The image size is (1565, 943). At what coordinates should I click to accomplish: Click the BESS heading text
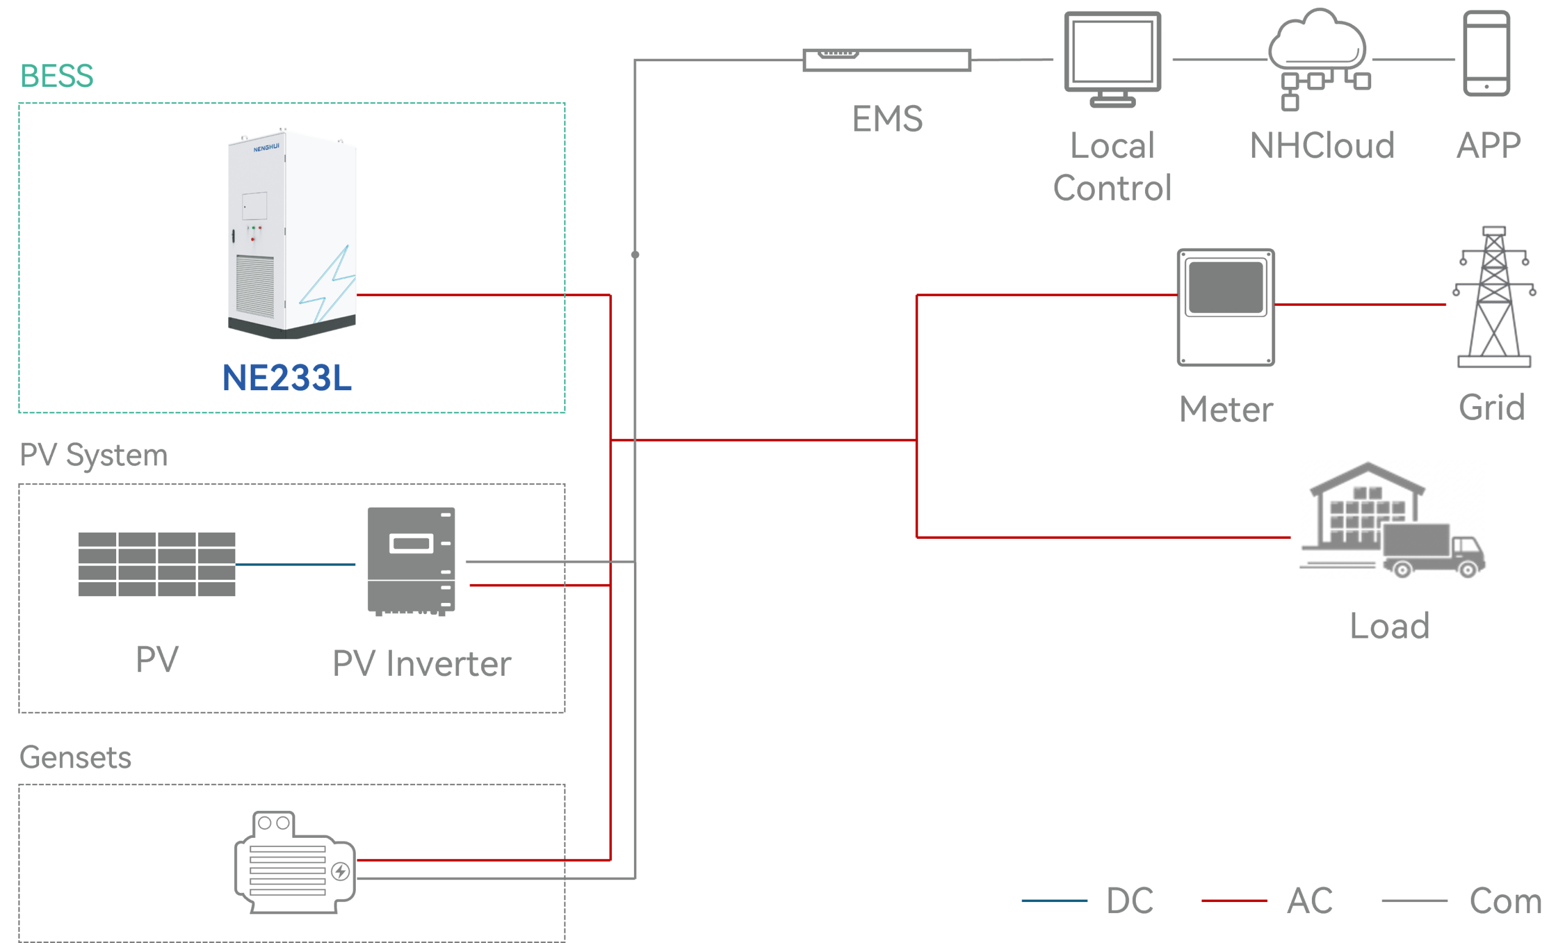click(x=57, y=76)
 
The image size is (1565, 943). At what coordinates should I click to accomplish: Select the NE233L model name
click(x=287, y=378)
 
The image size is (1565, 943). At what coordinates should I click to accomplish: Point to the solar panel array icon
click(x=156, y=564)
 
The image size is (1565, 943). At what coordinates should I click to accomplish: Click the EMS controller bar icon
click(x=887, y=61)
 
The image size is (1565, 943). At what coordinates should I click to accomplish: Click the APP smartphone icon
click(x=1486, y=53)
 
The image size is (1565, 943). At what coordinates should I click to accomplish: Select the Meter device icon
click(x=1226, y=307)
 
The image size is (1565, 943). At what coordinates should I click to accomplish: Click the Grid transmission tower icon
click(x=1494, y=294)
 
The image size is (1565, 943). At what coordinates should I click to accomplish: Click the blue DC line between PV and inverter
click(x=295, y=564)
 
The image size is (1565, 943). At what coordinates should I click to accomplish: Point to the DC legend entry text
click(x=1129, y=900)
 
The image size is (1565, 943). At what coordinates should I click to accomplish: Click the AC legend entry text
click(x=1309, y=900)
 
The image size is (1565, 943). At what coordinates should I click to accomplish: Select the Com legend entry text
click(x=1505, y=901)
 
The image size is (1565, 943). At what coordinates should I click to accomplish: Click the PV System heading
click(x=94, y=456)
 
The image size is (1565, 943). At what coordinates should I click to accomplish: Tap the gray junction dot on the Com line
click(x=635, y=254)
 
